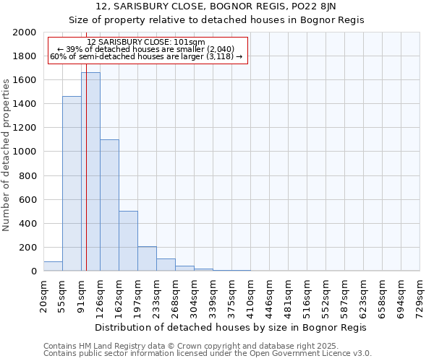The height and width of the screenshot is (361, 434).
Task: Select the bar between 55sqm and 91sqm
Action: pyautogui.click(x=72, y=183)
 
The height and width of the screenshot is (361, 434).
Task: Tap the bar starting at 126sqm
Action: pyautogui.click(x=109, y=205)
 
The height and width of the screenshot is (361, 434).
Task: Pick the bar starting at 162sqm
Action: pyautogui.click(x=128, y=241)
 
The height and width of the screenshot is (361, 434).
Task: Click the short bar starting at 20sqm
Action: pyautogui.click(x=53, y=266)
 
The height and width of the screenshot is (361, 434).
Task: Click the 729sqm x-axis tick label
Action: pyautogui.click(x=420, y=296)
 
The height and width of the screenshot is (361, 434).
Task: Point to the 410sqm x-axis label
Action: pyautogui.click(x=250, y=296)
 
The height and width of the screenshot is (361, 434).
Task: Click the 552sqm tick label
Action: pyautogui.click(x=325, y=296)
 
